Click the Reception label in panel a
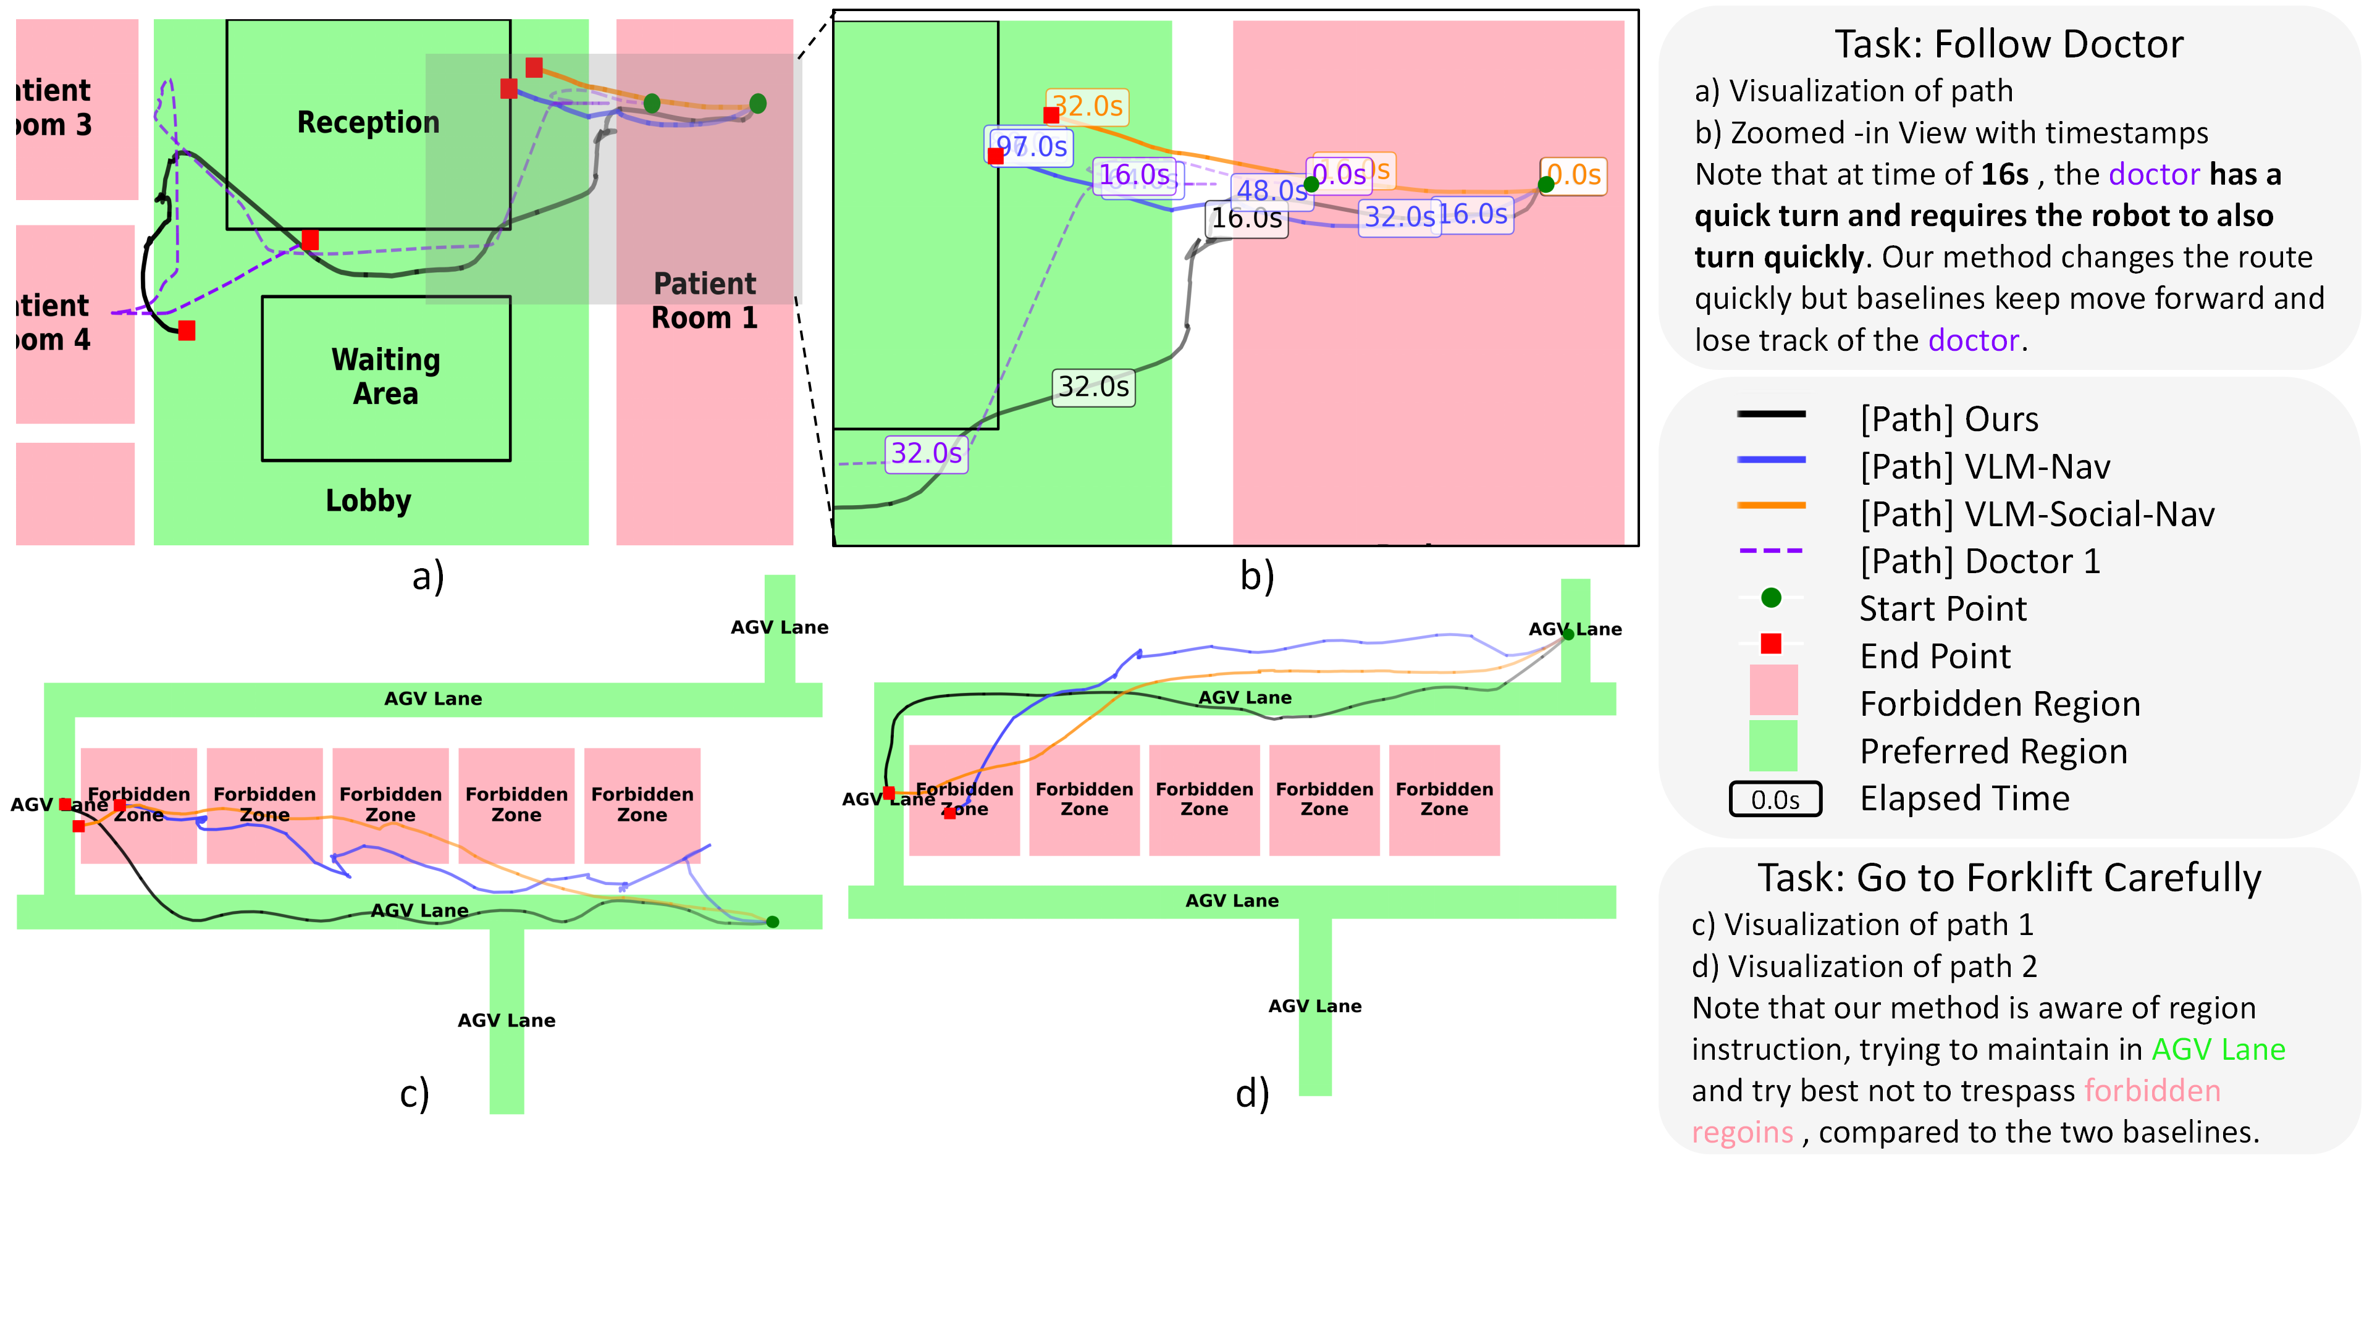tap(368, 122)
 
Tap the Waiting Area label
tap(386, 377)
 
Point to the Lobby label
tap(368, 501)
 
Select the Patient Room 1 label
tap(704, 301)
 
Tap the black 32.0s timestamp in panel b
tap(1093, 387)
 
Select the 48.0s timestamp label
tap(1271, 191)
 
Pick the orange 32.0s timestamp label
tap(1087, 106)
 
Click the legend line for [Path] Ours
tap(1771, 414)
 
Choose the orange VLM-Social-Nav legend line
tap(1771, 505)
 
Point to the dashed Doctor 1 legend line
tap(1771, 550)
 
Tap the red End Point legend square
tap(1771, 644)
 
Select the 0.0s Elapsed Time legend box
tap(1775, 799)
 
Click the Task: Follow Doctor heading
tap(2008, 44)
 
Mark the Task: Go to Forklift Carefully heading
tap(2008, 878)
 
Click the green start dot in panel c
tap(773, 921)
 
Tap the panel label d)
tap(1251, 1094)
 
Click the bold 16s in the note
tap(2004, 174)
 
